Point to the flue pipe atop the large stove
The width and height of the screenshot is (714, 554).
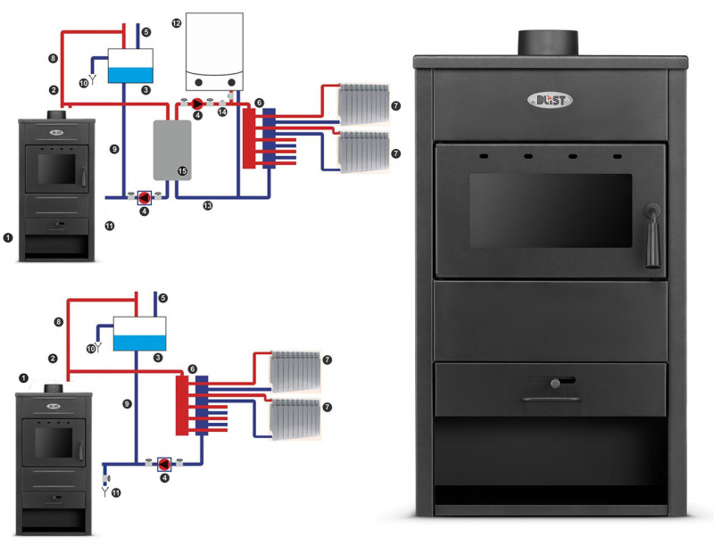point(548,41)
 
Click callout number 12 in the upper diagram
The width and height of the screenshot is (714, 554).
point(177,22)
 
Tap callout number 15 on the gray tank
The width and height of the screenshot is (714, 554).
point(182,170)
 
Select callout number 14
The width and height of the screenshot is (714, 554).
point(223,112)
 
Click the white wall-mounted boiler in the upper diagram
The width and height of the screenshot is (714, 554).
point(213,49)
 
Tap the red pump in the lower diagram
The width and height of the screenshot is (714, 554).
point(165,464)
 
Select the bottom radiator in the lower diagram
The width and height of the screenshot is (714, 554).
point(295,416)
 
